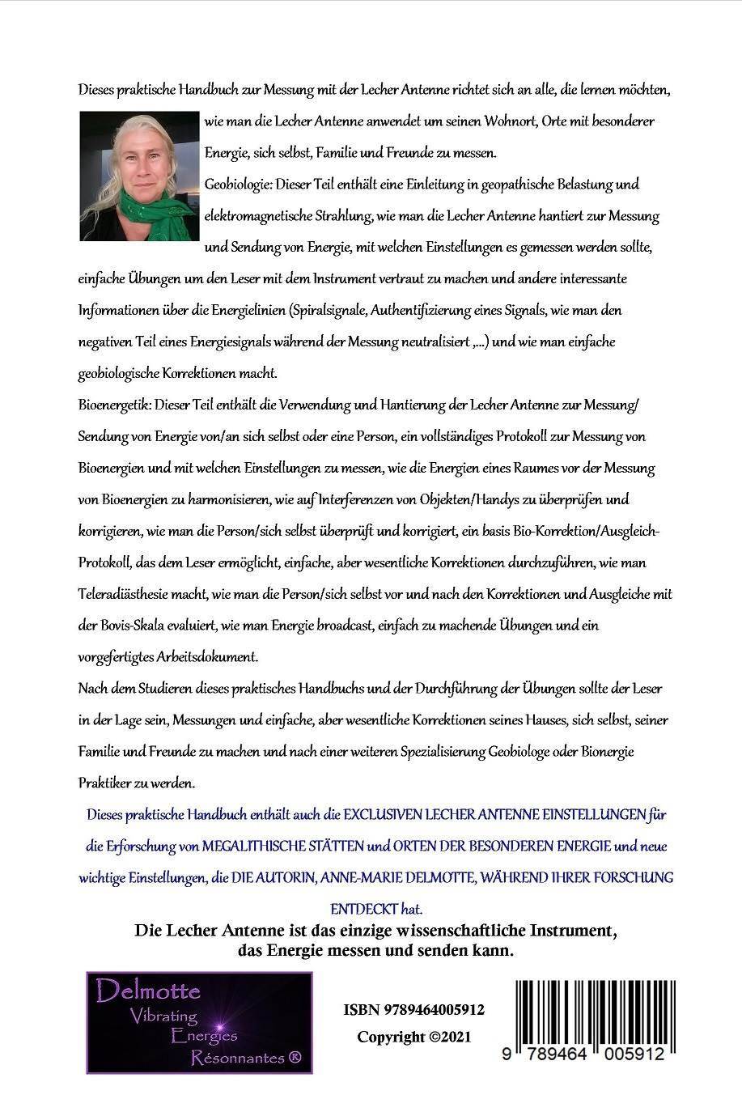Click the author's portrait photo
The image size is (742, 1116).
point(139,176)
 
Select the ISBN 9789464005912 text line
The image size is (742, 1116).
point(413,1009)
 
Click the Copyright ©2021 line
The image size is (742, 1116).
point(413,1037)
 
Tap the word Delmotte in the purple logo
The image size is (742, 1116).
point(148,991)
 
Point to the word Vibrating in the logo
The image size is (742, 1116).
point(163,1016)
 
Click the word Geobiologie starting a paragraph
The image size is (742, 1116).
point(238,185)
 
